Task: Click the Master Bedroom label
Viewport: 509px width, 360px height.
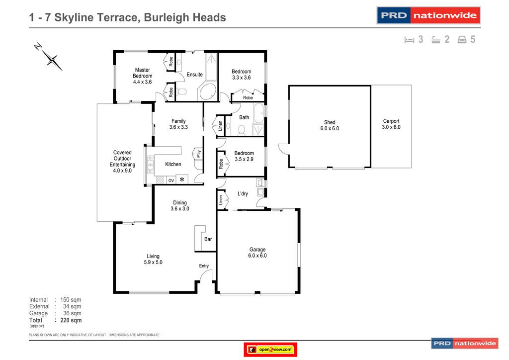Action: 142,76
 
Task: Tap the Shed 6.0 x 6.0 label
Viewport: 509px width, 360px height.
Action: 330,125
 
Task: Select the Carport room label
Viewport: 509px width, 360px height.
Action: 391,124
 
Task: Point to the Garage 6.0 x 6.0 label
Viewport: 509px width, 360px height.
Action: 257,253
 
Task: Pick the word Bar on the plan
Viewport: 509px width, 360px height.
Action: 208,239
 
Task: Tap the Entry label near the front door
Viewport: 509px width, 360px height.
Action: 204,266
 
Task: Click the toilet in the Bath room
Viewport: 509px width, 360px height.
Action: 242,130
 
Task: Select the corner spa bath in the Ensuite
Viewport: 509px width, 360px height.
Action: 207,92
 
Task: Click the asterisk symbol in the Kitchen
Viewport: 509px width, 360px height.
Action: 182,180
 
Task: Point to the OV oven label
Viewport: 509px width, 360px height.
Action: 170,180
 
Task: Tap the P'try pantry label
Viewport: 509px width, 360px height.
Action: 198,154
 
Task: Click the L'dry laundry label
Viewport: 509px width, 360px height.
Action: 243,193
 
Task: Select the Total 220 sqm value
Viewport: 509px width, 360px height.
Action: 71,321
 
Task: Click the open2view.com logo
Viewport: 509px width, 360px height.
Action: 271,350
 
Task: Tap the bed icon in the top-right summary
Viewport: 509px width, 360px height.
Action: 410,40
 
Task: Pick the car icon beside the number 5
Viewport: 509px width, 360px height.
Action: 462,40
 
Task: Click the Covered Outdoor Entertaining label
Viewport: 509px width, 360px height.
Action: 122,162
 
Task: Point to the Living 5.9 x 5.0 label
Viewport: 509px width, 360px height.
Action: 153,259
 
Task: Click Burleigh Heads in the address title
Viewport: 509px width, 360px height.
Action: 185,17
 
